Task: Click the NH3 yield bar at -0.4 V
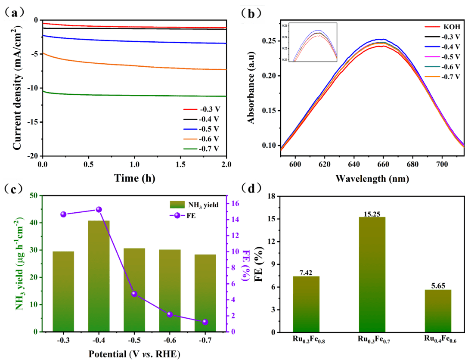click(99, 276)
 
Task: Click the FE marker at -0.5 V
click(134, 294)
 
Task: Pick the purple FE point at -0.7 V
click(205, 322)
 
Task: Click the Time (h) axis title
click(134, 177)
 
